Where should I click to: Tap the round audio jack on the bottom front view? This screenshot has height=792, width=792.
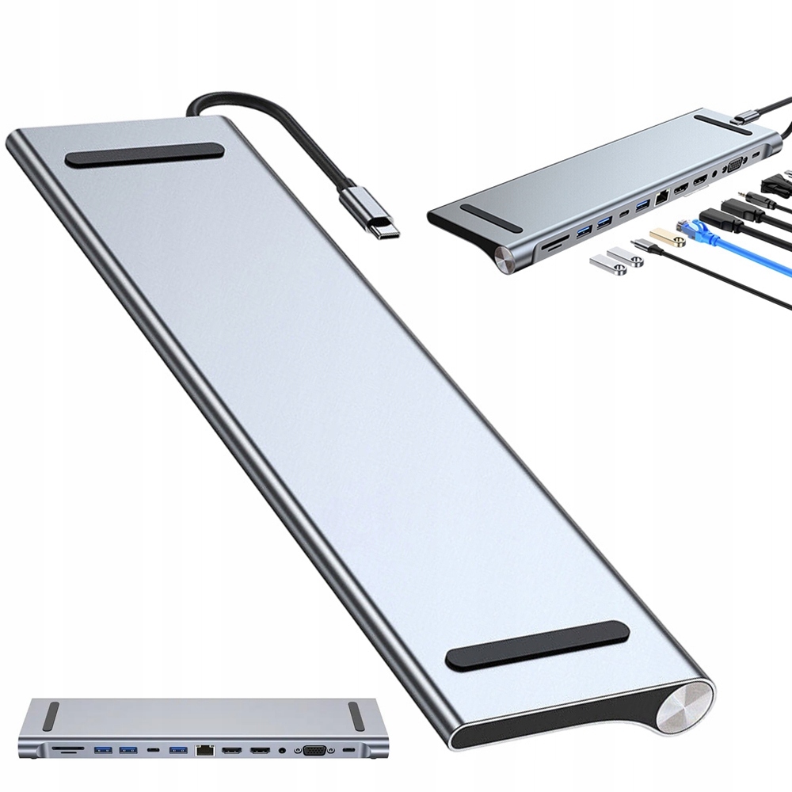[283, 748]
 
